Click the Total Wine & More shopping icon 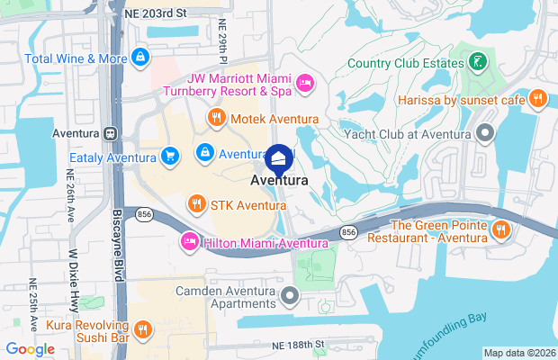point(139,58)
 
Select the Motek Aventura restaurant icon point(216,119)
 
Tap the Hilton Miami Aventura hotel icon point(189,242)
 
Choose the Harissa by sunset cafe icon point(538,99)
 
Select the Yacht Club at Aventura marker point(486,135)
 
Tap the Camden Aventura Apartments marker point(289,295)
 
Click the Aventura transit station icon point(110,133)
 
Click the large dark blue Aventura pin point(279,159)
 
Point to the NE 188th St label point(296,345)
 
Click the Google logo point(31,348)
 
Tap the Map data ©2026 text point(518,352)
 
